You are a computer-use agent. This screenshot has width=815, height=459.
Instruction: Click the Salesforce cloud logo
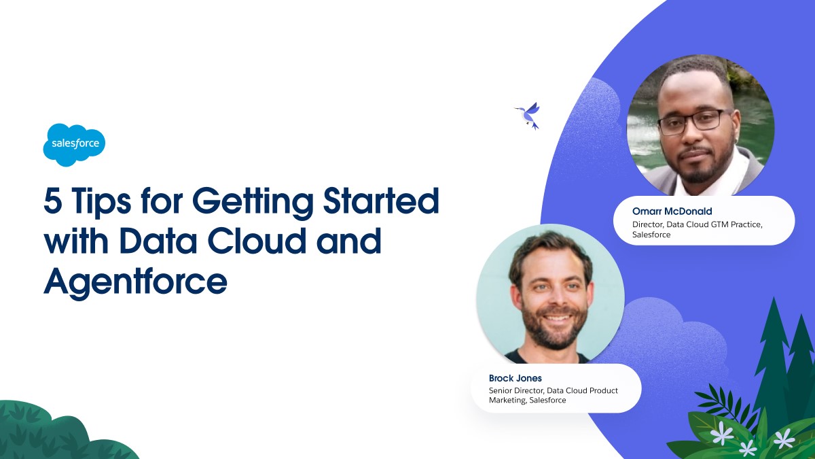click(74, 145)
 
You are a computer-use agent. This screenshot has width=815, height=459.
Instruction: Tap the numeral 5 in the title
click(52, 201)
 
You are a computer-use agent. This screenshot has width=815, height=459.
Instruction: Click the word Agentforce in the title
click(135, 282)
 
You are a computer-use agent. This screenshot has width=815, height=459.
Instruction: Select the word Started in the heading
click(381, 201)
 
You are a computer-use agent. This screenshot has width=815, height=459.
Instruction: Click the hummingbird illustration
click(528, 116)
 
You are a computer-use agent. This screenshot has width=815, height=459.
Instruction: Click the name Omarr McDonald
click(672, 211)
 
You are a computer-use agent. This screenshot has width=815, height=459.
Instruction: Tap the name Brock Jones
click(515, 378)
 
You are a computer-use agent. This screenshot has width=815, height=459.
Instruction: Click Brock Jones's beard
click(554, 326)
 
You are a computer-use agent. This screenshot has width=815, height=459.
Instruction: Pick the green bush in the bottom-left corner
click(65, 430)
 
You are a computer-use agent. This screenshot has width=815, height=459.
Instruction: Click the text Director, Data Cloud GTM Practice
click(697, 224)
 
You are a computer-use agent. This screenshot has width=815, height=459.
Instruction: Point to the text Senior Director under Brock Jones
click(516, 390)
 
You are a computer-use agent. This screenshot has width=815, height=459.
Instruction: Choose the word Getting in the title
click(253, 202)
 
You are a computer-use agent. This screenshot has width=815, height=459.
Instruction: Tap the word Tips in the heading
click(101, 202)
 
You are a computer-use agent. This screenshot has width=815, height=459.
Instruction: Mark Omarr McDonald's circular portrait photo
click(700, 126)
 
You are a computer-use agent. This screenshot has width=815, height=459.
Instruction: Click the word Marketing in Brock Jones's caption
click(507, 401)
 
